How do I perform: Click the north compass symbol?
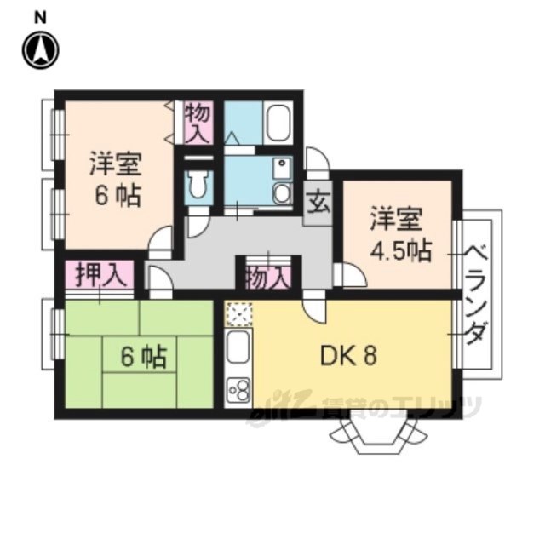pyautogui.click(x=41, y=50)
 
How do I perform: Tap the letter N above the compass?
pyautogui.click(x=40, y=17)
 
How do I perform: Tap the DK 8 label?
pyautogui.click(x=348, y=356)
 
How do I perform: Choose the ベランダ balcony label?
pyautogui.click(x=477, y=293)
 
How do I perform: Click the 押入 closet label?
pyautogui.click(x=100, y=273)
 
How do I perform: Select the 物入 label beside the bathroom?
pyautogui.click(x=198, y=123)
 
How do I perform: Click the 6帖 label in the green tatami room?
pyautogui.click(x=144, y=357)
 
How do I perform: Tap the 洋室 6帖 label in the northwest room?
pyautogui.click(x=116, y=179)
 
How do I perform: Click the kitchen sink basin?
pyautogui.click(x=238, y=347)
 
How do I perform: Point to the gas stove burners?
pyautogui.click(x=238, y=390)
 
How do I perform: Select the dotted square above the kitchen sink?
pyautogui.click(x=238, y=314)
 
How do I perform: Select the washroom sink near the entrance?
pyautogui.click(x=282, y=192)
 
